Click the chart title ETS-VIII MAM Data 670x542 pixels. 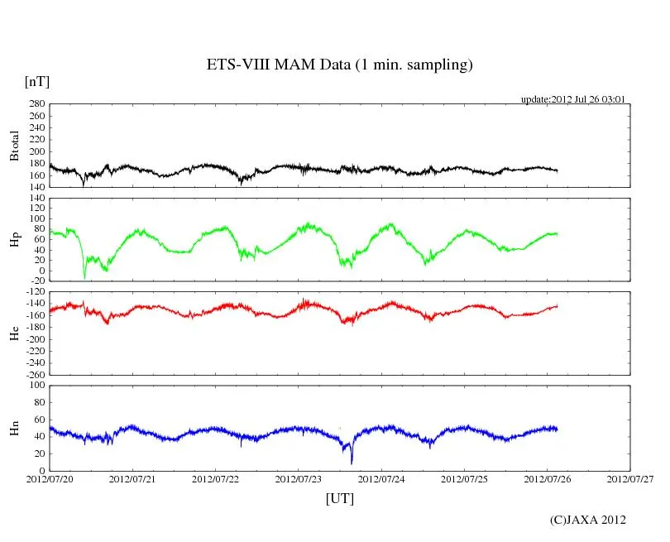[339, 65]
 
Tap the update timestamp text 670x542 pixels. [572, 99]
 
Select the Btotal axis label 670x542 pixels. [14, 146]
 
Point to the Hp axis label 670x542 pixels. [14, 240]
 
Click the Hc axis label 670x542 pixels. [14, 333]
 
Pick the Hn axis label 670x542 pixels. [14, 428]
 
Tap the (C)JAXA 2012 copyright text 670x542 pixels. [587, 520]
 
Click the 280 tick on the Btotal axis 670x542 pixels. [36, 104]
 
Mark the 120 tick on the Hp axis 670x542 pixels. [36, 199]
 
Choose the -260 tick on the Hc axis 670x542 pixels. [33, 374]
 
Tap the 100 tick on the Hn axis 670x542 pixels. [36, 386]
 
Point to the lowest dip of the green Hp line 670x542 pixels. [84, 277]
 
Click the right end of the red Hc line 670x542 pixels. [557, 306]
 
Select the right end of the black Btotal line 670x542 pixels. [557, 170]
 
